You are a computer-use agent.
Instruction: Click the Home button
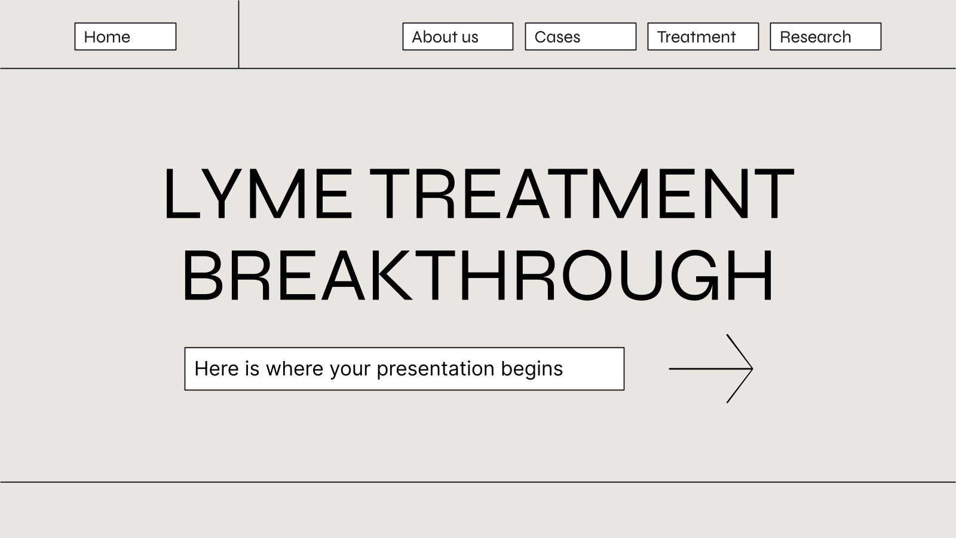click(x=125, y=36)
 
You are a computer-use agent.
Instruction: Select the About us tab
click(x=458, y=36)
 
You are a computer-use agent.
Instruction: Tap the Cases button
click(x=580, y=36)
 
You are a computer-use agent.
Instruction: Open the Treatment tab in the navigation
click(x=703, y=36)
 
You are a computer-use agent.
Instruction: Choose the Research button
click(x=825, y=36)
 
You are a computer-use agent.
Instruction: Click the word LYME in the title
click(x=259, y=194)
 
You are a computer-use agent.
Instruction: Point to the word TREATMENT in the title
click(x=581, y=194)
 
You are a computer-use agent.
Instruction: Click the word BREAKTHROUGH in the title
click(x=477, y=276)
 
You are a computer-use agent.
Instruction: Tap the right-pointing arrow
click(x=711, y=368)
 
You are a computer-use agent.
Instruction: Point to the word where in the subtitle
click(x=295, y=368)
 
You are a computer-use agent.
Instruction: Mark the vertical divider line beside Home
click(x=238, y=34)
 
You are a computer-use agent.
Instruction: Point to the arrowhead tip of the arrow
click(x=752, y=368)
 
